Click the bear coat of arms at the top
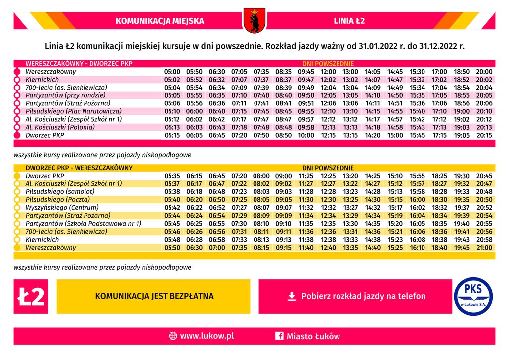[254, 20]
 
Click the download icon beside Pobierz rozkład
[292, 296]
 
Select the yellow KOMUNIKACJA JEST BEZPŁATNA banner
[154, 296]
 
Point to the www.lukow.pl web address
[207, 336]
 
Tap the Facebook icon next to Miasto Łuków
[279, 336]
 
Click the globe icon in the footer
[173, 336]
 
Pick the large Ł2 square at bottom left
[31, 296]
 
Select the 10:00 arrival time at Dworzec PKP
[306, 135]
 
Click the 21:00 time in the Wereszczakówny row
[484, 248]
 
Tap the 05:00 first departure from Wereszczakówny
[172, 72]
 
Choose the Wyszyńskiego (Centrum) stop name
[60, 208]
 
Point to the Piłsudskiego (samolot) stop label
[60, 192]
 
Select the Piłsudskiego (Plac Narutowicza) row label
[74, 111]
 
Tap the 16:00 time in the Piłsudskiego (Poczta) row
[418, 200]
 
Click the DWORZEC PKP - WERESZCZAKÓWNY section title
[79, 168]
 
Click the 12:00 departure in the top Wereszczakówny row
[329, 72]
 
